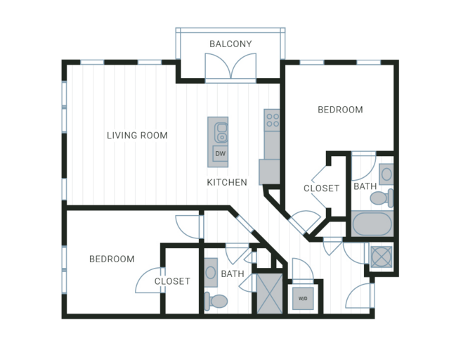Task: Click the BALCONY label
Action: coord(230,44)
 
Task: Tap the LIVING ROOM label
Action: coord(137,135)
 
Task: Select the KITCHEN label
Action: coord(227,182)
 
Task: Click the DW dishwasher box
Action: coord(220,154)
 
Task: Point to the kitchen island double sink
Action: coord(221,132)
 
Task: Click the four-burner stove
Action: coord(272,120)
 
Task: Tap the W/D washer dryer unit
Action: coord(303,299)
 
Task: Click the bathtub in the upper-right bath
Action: coord(372,224)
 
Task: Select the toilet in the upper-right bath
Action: coord(382,198)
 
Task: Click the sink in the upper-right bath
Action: coord(386,174)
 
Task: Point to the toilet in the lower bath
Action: coord(216,301)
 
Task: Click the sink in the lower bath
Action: coord(211,272)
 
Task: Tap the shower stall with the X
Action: coord(270,293)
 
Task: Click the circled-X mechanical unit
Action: coord(381,257)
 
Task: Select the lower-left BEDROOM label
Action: coord(112,259)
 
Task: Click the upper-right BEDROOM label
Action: coord(340,110)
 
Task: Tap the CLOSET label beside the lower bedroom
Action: coord(172,281)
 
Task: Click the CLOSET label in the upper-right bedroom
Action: coord(321,188)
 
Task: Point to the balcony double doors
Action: coord(230,67)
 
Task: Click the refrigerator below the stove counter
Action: coord(269,172)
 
